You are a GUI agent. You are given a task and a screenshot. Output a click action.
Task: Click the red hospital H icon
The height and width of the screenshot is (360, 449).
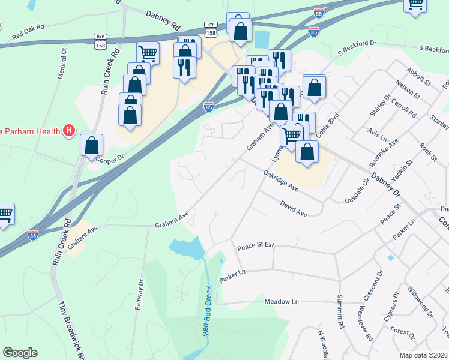[70, 130]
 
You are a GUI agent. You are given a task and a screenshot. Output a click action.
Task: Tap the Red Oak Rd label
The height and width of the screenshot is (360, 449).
[28, 35]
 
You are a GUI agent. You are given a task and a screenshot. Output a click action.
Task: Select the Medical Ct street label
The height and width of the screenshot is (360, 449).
[62, 61]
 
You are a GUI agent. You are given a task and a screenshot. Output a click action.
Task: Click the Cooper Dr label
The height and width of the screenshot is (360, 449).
[109, 157]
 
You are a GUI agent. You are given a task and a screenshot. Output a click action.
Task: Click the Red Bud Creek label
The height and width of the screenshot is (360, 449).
[208, 318]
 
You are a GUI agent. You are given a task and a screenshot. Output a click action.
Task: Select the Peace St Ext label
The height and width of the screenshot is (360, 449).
[255, 246]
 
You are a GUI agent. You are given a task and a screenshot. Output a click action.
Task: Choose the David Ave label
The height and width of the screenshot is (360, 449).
[294, 209]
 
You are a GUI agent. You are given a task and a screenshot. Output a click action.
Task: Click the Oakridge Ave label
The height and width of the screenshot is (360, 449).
[281, 181]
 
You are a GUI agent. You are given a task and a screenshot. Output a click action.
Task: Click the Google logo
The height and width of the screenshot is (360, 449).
[20, 353]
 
